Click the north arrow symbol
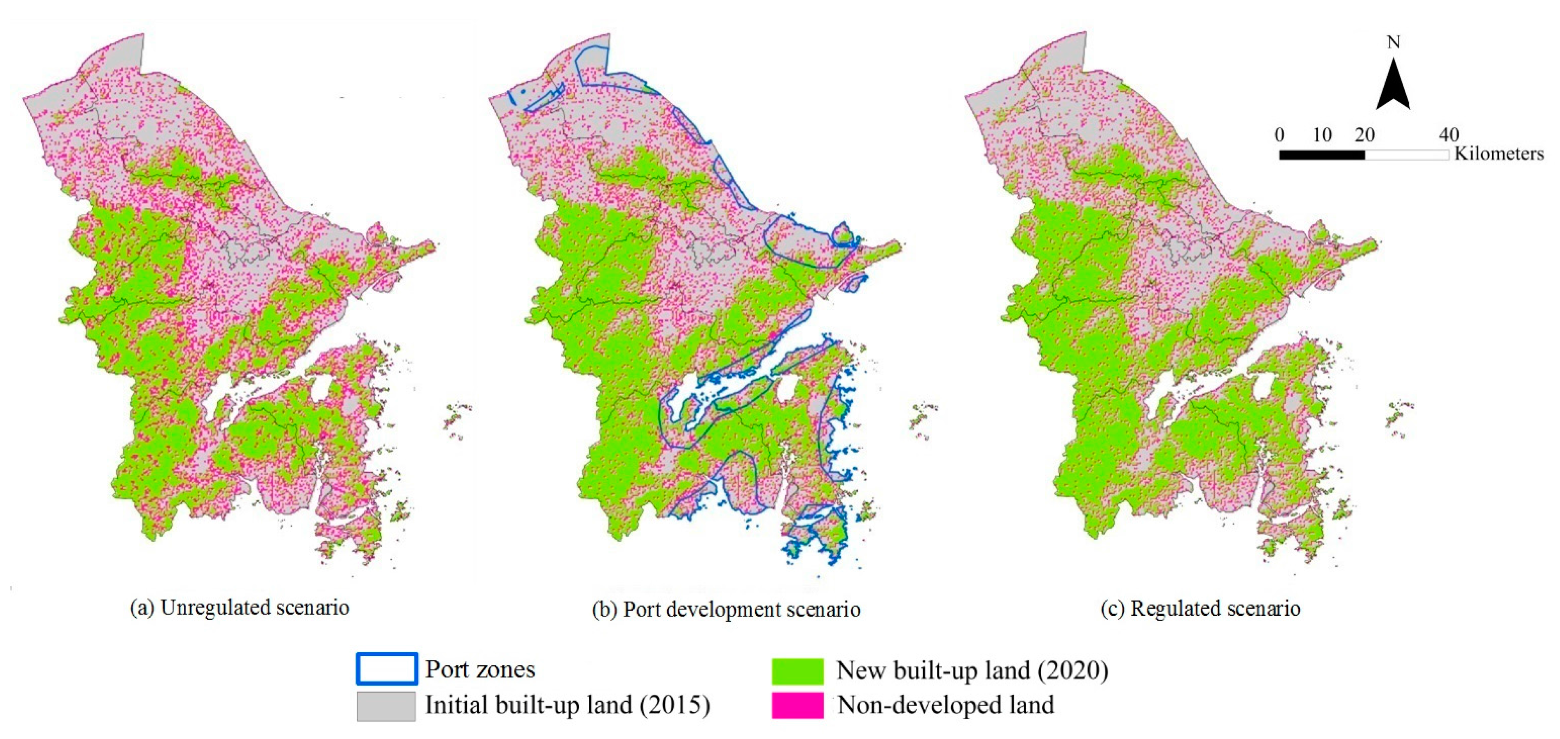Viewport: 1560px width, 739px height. click(1393, 86)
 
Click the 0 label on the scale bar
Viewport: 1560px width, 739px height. click(1279, 134)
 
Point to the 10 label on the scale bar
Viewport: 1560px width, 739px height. click(1322, 134)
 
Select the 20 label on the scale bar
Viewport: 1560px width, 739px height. click(1364, 134)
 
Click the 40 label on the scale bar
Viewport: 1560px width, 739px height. click(1449, 134)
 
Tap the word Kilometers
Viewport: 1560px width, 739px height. click(1499, 154)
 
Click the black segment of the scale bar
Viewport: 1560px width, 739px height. click(1322, 155)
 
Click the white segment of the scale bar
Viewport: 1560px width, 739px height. click(1406, 155)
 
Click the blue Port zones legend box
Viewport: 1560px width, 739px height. click(386, 669)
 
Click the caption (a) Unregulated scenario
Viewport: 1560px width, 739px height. click(240, 607)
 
